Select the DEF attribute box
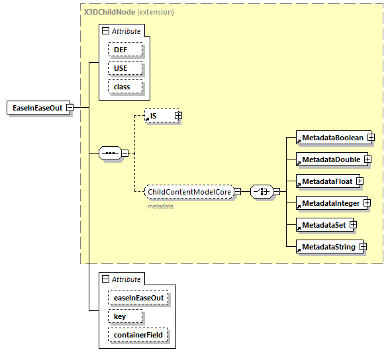tap(120, 50)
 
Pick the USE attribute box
tap(120, 68)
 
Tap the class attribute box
tap(121, 87)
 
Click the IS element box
tap(159, 116)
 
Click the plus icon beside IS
tap(178, 116)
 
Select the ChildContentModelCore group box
tap(189, 192)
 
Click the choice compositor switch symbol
tap(262, 192)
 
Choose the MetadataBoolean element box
tap(332, 138)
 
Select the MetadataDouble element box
tap(330, 159)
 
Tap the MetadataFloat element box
tap(326, 181)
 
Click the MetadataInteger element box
tap(330, 202)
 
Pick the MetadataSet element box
tap(323, 225)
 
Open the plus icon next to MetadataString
tap(363, 247)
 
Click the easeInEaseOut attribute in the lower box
tap(138, 298)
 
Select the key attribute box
tap(120, 316)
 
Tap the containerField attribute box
tap(138, 336)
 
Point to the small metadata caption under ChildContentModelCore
tap(160, 206)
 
